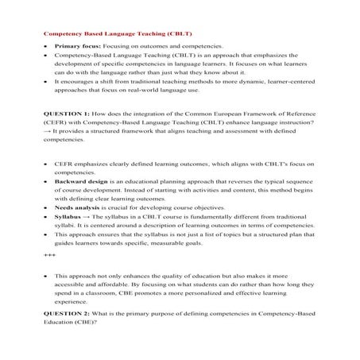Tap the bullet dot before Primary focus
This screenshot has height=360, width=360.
pyautogui.click(x=45, y=48)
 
